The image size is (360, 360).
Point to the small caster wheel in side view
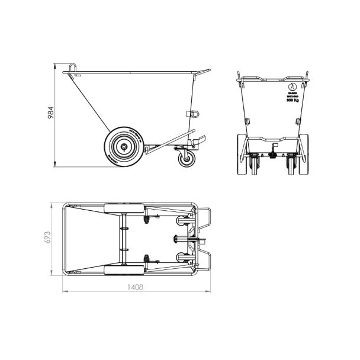(x=185, y=156)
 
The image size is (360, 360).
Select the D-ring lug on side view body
(x=191, y=114)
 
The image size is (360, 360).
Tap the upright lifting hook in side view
(x=73, y=69)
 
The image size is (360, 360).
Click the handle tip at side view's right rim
(x=208, y=72)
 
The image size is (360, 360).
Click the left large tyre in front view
(x=241, y=155)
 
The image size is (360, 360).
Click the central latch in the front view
(x=275, y=154)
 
